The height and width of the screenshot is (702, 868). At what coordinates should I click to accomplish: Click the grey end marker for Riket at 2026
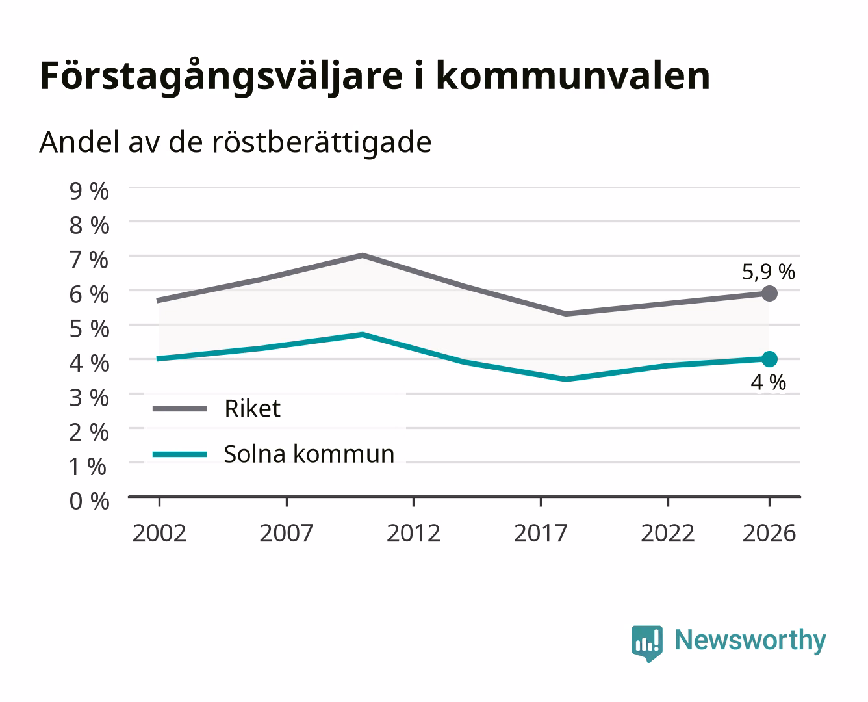coord(769,294)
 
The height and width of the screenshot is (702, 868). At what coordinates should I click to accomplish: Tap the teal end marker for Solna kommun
coord(769,359)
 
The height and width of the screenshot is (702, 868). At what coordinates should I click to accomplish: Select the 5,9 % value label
coord(768,272)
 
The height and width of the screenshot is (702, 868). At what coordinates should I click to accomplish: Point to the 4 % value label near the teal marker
coord(768,382)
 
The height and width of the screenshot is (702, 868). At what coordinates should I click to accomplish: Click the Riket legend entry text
coord(252,408)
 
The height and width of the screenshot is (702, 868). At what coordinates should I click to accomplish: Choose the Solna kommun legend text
coord(309,454)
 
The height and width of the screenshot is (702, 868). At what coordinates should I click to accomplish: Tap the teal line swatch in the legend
coord(180,454)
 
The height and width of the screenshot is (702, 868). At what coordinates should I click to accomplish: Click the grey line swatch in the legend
coord(180,409)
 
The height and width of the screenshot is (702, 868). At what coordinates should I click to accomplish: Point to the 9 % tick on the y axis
coord(89,191)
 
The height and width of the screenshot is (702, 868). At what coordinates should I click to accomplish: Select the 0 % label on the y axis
coord(89,501)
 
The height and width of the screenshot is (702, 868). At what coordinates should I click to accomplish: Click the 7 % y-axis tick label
coord(89,260)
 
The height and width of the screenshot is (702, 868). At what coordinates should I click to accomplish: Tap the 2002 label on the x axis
coord(159,533)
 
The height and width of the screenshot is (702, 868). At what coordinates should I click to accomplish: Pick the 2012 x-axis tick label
coord(414,533)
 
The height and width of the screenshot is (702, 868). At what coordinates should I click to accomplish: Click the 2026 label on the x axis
coord(769,533)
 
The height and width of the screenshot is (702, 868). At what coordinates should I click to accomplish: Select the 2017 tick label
coord(541,533)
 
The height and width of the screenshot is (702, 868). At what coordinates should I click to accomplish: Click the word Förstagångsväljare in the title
coord(222,77)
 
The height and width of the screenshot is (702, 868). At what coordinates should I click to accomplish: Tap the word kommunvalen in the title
coord(574,76)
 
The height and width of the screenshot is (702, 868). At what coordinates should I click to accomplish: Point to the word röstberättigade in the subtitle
coord(322,143)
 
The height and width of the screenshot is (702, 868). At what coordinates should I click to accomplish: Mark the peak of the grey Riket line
coord(363,255)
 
